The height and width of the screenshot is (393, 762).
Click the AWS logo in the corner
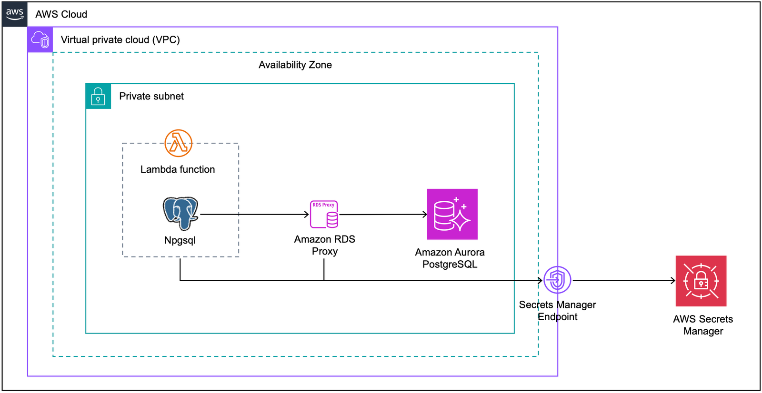click(x=15, y=14)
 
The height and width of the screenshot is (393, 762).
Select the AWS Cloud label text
click(x=61, y=14)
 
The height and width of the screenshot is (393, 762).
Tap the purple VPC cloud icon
click(x=40, y=39)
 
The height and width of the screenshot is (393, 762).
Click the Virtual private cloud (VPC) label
click(x=120, y=40)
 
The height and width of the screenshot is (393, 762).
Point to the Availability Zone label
click(x=295, y=65)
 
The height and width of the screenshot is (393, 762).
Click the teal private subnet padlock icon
click(x=98, y=96)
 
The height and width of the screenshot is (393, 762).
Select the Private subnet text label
click(x=151, y=96)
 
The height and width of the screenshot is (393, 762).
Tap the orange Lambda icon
click(x=179, y=143)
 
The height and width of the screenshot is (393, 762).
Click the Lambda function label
click(x=178, y=169)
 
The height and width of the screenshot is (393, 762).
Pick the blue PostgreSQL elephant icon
click(x=180, y=213)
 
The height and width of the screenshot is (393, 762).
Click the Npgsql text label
click(x=180, y=240)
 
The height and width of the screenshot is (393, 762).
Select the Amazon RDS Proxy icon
click(x=324, y=215)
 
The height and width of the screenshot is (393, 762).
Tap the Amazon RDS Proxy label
click(x=325, y=245)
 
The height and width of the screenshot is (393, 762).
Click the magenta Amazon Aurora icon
click(x=452, y=214)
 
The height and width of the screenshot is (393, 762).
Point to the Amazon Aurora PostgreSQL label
click(x=450, y=258)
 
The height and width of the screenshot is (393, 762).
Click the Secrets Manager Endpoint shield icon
click(x=557, y=280)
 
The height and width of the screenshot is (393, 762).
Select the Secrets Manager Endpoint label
click(x=557, y=311)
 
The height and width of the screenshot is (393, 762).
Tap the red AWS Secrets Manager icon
click(x=701, y=281)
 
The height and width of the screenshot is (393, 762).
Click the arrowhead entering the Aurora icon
click(x=425, y=215)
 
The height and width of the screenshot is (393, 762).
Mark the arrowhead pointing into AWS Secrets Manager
click(x=673, y=281)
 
